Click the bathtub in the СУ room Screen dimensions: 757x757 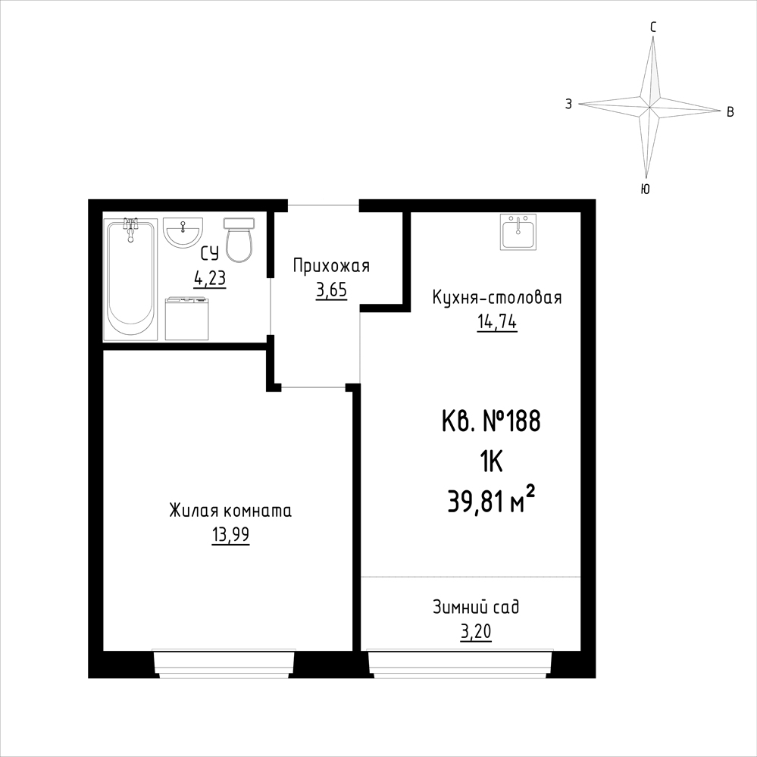point(130,279)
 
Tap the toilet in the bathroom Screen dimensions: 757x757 point(239,240)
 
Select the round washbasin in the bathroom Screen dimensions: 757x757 point(183,233)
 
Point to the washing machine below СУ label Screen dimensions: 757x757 point(187,318)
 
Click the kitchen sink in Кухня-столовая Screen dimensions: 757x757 point(518,233)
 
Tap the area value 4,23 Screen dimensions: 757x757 point(210,279)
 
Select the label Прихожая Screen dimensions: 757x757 point(331,267)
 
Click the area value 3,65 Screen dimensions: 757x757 point(332,291)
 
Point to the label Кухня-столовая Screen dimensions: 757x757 point(497,297)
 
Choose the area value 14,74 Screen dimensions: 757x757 point(497,323)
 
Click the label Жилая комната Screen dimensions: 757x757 point(230,511)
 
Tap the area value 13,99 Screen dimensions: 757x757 point(230,536)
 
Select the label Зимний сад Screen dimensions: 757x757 point(476,607)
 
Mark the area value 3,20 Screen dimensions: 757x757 point(476,631)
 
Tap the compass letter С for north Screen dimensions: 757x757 point(652,28)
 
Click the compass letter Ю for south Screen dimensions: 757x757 point(645,189)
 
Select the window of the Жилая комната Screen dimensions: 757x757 point(224,665)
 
